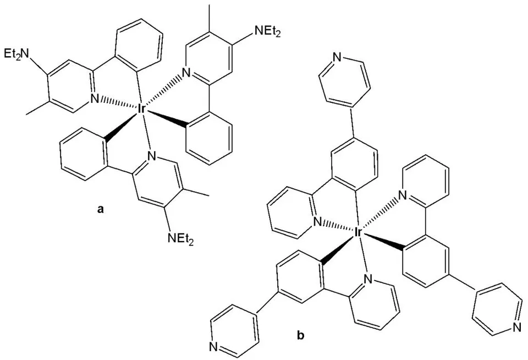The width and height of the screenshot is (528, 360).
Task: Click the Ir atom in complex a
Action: coord(141,109)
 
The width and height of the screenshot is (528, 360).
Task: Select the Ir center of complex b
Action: coord(358,232)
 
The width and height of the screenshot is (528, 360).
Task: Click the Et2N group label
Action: coord(17,53)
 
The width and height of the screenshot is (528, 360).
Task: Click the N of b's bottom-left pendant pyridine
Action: coord(213,347)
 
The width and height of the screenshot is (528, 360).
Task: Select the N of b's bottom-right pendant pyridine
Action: coord(517,326)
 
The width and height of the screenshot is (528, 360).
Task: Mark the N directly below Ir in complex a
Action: coord(152,156)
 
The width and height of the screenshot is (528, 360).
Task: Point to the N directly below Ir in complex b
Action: coord(368,279)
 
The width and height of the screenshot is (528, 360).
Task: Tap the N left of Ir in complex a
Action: coord(95,99)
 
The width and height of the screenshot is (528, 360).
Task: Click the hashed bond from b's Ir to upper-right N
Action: coord(380,213)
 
